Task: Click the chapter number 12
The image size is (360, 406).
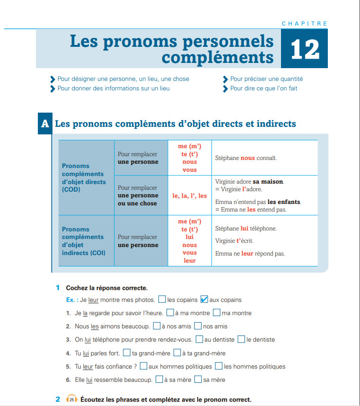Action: click(x=305, y=50)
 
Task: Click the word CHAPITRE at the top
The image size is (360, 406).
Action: click(x=304, y=24)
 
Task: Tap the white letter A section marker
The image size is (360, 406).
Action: click(x=45, y=124)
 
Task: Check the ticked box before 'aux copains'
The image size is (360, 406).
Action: click(x=204, y=299)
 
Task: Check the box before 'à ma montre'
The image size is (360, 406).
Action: click(x=170, y=313)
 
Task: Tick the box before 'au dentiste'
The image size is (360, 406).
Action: click(x=200, y=339)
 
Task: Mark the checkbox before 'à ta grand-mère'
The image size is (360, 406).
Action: click(x=177, y=353)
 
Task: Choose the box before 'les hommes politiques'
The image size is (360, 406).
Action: click(x=219, y=366)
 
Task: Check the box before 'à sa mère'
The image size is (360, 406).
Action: click(x=160, y=380)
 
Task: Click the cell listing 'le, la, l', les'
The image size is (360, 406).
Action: click(x=189, y=195)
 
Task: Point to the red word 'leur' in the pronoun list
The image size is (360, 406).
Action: click(x=189, y=260)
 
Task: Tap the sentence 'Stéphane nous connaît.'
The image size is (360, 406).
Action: click(x=246, y=158)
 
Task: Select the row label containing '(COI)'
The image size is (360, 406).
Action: click(x=83, y=241)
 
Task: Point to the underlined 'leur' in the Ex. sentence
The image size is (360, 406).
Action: click(x=93, y=300)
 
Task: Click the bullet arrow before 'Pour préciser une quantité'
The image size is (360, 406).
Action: click(x=226, y=79)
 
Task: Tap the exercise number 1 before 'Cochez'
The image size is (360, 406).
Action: click(x=57, y=288)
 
